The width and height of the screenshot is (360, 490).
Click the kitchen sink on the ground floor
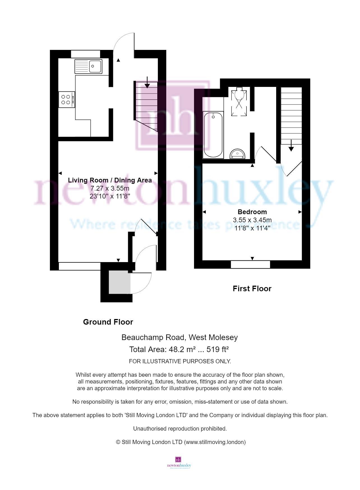click(88, 66)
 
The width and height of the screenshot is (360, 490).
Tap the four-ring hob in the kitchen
click(67, 100)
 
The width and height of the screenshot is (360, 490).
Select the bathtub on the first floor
click(213, 135)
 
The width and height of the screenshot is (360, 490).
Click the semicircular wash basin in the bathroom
click(237, 154)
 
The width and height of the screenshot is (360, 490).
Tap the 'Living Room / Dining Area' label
click(110, 180)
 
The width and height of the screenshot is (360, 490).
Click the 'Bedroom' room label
click(252, 212)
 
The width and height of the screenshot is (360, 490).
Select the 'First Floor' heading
click(252, 289)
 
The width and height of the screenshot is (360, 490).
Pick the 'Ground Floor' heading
click(108, 322)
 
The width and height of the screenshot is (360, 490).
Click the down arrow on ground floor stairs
click(147, 82)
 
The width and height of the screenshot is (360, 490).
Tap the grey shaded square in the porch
click(120, 282)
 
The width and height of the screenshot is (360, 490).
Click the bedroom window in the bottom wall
click(250, 264)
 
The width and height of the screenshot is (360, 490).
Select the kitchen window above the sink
click(86, 54)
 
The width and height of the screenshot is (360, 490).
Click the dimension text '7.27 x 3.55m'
click(110, 188)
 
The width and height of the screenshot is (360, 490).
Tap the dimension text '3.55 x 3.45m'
click(252, 220)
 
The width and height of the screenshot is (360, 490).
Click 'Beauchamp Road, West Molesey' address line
click(179, 338)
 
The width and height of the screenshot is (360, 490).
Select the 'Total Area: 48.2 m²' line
click(179, 350)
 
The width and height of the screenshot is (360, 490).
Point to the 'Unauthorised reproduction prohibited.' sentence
click(180, 429)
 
